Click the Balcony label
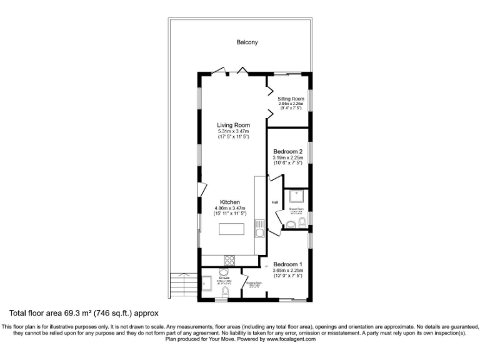tap(247, 42)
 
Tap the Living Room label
tap(233, 125)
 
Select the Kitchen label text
tap(230, 202)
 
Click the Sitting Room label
tap(291, 99)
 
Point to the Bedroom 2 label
tap(288, 151)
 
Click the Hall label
tap(274, 202)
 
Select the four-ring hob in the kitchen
tap(229, 261)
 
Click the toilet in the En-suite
tap(226, 293)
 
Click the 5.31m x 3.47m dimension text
tap(233, 131)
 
